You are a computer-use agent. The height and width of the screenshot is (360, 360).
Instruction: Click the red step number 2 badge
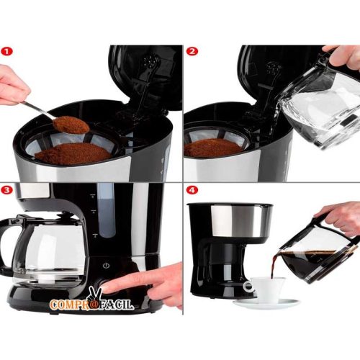point(192,52)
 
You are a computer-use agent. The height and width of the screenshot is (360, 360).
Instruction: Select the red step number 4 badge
point(192,191)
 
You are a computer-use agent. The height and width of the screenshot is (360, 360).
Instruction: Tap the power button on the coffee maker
point(106,265)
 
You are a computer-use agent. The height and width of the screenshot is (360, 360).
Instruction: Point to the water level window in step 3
point(105,209)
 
